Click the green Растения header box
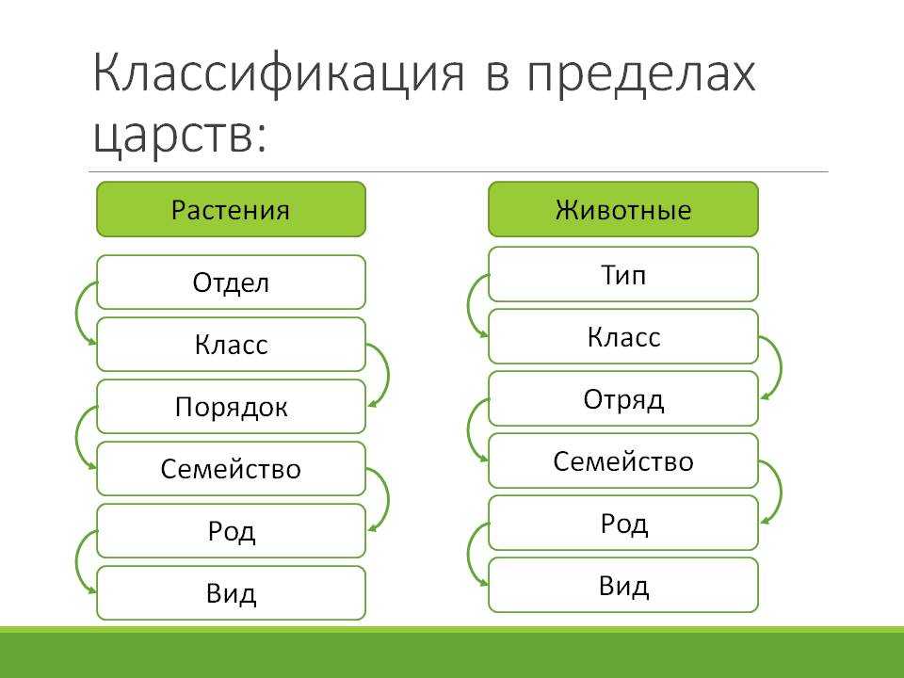[x=232, y=209]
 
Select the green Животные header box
[x=623, y=209]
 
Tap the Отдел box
[x=232, y=282]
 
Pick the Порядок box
[x=232, y=407]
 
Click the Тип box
[x=623, y=274]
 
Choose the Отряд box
[x=623, y=399]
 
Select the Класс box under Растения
[x=232, y=345]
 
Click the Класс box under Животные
[x=623, y=337]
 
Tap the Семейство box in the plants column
[x=232, y=469]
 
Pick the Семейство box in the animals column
[x=623, y=461]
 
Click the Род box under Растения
[x=232, y=531]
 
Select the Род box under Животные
[x=623, y=524]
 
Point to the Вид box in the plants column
[x=232, y=593]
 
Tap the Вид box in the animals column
[x=623, y=585]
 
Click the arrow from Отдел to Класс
[x=76, y=313]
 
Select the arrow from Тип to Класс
[x=468, y=305]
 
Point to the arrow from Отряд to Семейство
[x=468, y=429]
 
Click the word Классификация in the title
[x=278, y=73]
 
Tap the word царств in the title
[x=179, y=136]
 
